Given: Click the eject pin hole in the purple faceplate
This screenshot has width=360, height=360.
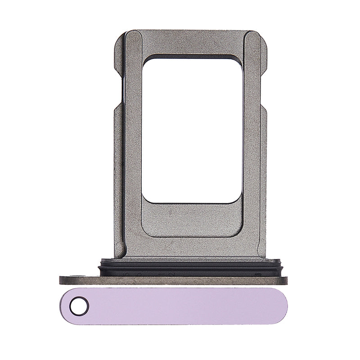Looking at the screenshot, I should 79,306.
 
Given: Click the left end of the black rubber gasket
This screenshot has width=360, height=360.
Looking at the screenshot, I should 102,267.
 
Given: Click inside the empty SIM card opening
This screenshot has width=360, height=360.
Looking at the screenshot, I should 192,130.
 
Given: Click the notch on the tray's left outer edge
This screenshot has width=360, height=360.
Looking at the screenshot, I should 117,90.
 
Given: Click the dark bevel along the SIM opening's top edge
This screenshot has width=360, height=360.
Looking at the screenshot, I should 192,57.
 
